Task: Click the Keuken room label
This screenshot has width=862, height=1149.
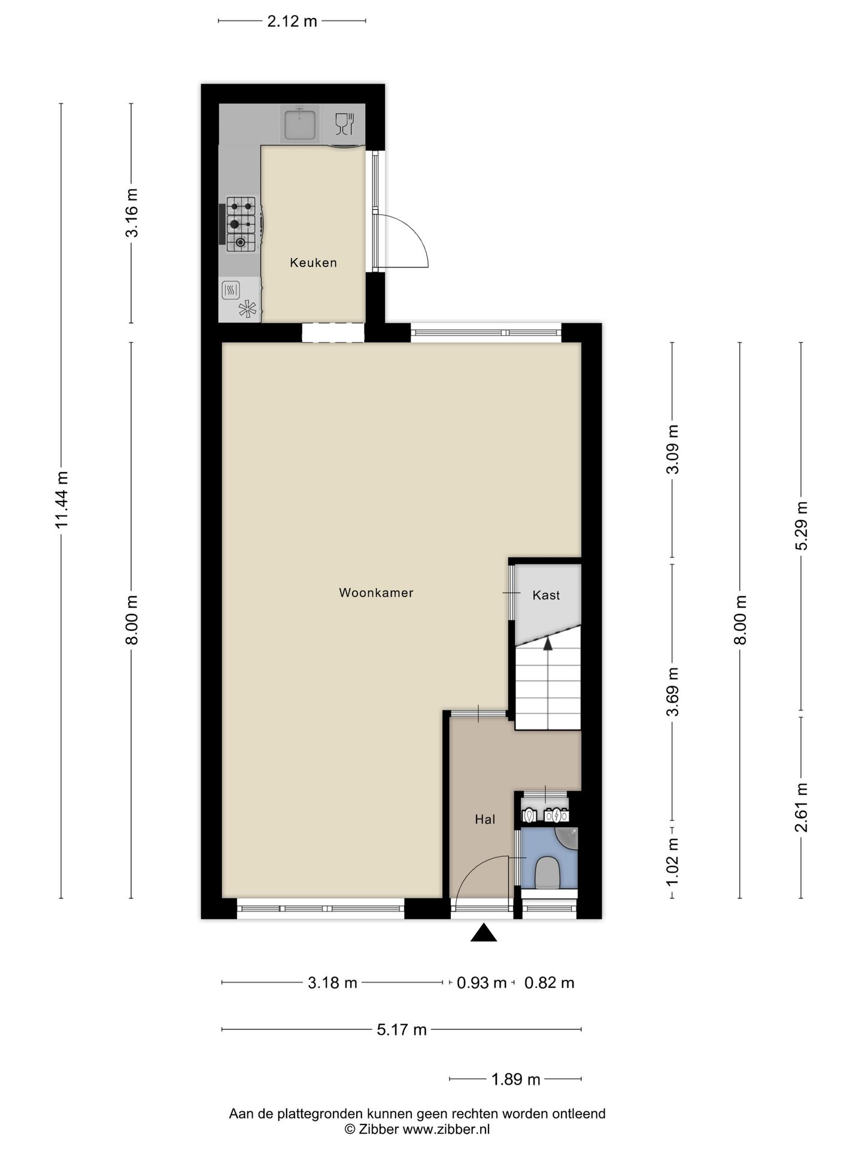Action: coord(313,262)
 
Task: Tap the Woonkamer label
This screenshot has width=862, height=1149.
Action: coord(376,592)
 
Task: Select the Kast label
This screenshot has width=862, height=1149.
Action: coord(546,595)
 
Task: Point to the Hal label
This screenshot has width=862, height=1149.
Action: coord(485,819)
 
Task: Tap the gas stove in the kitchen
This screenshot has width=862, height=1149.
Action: coord(241,224)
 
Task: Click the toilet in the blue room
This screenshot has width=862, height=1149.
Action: coord(547,873)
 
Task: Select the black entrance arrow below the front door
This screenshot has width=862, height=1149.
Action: coord(484,932)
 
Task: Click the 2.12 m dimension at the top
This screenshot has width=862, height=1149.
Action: coord(292,22)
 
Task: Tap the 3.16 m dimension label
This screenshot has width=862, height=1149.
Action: coord(132,213)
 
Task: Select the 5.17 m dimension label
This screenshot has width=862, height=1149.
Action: coord(402,1029)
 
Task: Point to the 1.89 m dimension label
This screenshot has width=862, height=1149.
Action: coord(515,1079)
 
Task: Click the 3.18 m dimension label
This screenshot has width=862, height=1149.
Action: coord(332,983)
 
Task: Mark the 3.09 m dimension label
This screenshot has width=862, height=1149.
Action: coord(673,449)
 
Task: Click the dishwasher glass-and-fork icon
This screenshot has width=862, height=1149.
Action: coord(345,123)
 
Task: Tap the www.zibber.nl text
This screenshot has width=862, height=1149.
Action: coord(446,1129)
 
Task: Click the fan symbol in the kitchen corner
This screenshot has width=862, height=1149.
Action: coord(247,309)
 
